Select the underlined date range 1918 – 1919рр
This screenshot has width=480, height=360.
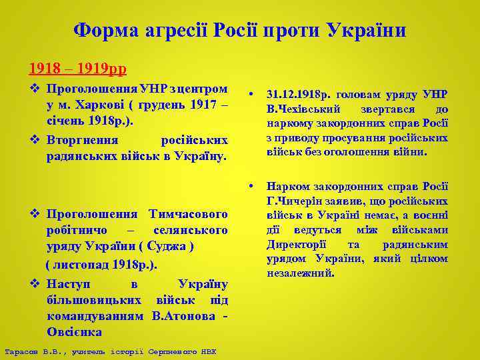point(77,68)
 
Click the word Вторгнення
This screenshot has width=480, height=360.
point(83,140)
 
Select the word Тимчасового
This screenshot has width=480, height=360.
point(189,214)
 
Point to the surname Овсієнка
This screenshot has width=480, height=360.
point(74,331)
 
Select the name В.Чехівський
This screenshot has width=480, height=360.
point(304,109)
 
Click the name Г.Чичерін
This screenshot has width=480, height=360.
point(297,201)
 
